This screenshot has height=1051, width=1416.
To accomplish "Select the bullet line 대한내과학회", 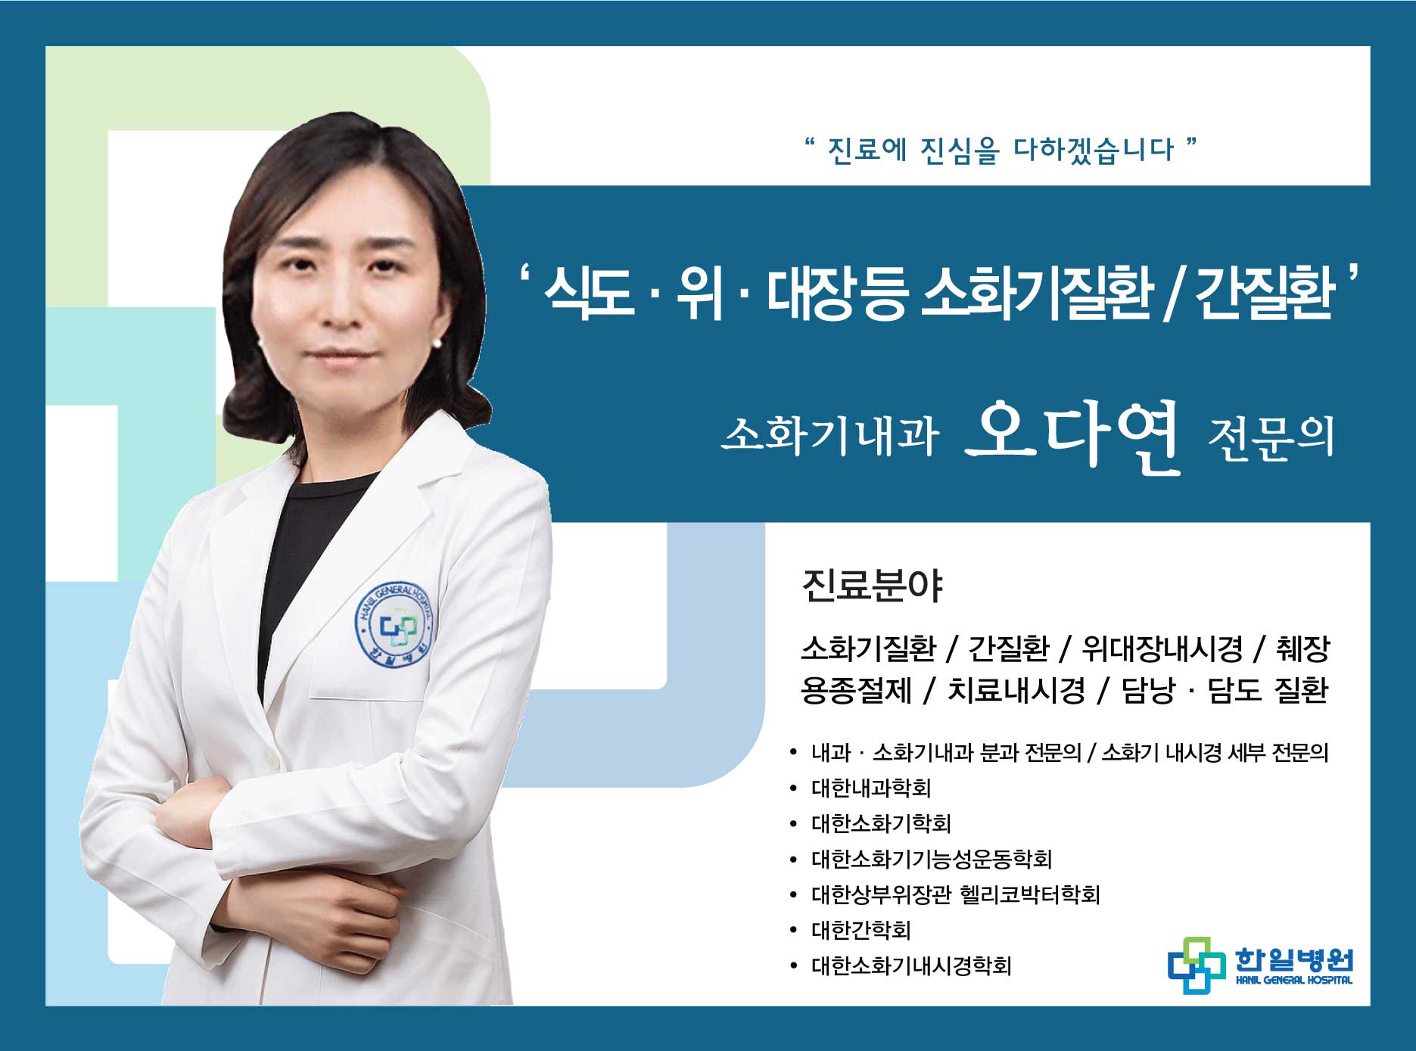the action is click(x=871, y=788).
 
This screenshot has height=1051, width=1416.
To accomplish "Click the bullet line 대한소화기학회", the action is click(x=881, y=823).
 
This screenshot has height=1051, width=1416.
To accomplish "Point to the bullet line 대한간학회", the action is click(x=861, y=930).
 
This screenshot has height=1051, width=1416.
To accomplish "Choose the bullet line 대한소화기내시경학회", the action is click(x=911, y=965).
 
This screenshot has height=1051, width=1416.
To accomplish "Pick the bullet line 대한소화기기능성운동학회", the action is click(x=932, y=859).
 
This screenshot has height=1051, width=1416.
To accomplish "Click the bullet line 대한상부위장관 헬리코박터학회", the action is click(x=955, y=894).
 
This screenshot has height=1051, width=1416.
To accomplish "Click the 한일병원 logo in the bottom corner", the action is click(x=1260, y=965).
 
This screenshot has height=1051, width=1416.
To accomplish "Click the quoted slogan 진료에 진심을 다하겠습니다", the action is click(x=1001, y=149).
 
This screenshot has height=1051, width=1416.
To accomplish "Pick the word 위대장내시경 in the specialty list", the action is click(x=1162, y=648).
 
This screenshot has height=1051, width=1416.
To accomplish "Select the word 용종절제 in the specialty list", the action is click(x=856, y=689).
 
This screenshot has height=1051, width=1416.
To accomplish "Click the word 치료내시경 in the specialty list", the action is click(x=1016, y=689).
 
